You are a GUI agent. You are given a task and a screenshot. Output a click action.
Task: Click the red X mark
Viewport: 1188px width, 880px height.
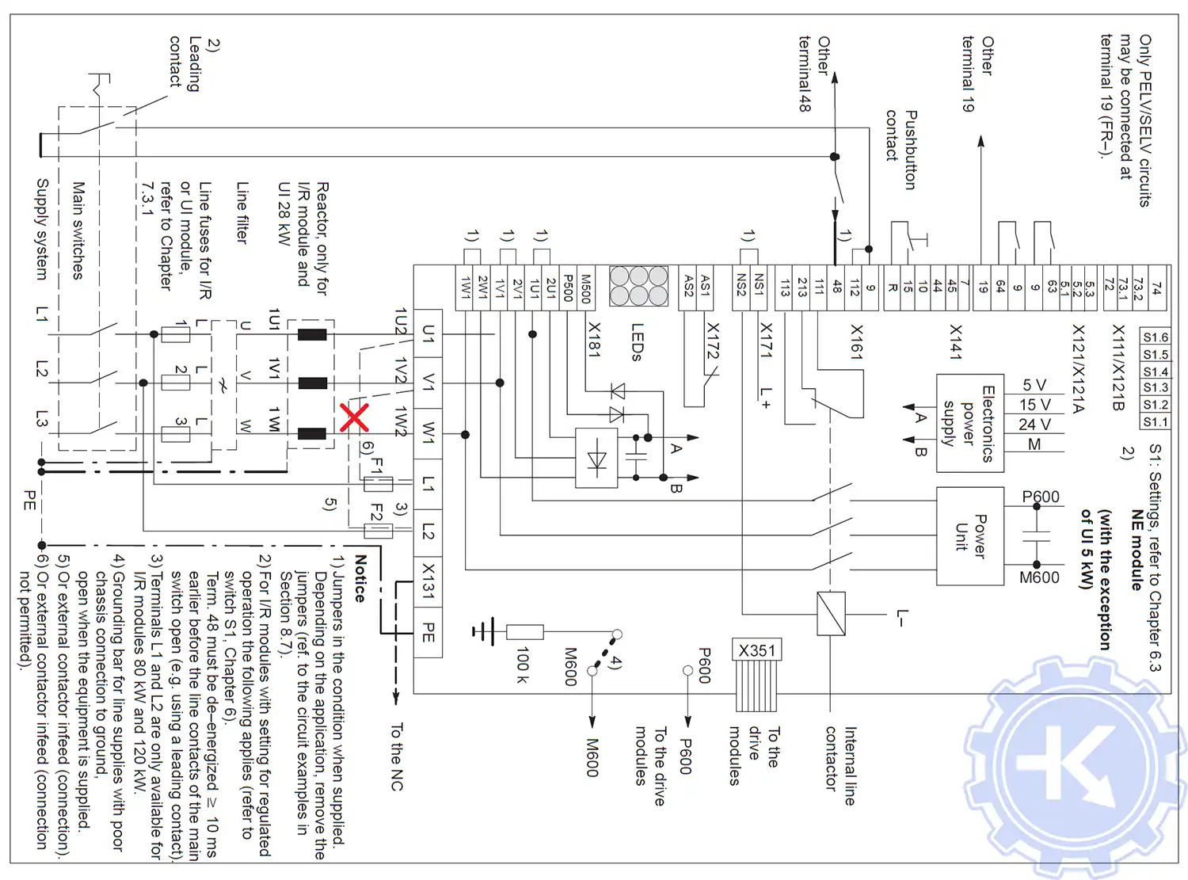pos(354,417)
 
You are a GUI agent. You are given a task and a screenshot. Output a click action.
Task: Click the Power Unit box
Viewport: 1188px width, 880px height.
pos(970,536)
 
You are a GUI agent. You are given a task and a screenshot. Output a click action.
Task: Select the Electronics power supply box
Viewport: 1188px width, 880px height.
pos(970,423)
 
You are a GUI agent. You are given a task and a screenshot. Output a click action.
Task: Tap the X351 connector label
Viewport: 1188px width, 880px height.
pos(757,650)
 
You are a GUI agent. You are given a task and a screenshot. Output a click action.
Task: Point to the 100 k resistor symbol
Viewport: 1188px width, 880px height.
pos(524,631)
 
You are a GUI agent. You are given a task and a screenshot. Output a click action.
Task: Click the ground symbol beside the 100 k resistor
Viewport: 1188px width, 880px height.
pos(482,631)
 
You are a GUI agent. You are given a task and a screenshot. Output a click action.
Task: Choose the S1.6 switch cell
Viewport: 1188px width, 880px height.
pos(1156,337)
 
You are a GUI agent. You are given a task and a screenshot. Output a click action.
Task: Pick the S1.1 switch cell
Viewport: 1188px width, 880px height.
pos(1156,422)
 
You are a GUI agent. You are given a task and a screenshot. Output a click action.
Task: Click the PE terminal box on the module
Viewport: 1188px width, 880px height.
pos(428,633)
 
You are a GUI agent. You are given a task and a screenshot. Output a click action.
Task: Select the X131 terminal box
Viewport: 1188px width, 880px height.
pos(428,581)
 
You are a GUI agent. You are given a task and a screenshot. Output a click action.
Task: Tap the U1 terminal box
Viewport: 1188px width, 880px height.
pos(428,333)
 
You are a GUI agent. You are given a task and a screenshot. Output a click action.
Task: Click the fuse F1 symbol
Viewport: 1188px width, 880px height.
pos(378,482)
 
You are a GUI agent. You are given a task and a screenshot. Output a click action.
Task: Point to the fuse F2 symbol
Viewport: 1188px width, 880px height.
pos(378,531)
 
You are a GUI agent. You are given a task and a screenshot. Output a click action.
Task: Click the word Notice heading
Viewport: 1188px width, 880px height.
pos(360,578)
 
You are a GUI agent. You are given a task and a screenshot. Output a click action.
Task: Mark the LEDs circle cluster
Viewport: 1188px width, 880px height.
pos(638,286)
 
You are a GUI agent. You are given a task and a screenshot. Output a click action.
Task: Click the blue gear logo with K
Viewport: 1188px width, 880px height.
pos(1075,764)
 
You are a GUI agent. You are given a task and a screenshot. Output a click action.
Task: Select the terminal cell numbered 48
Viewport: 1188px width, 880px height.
pos(836,287)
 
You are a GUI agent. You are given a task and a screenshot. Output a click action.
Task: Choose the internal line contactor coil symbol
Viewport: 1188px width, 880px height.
pos(831,614)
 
